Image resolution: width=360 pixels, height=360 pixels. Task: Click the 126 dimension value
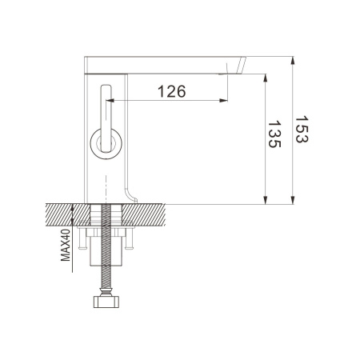pos(171,91)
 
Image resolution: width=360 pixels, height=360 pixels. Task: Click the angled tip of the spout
pos(240,67)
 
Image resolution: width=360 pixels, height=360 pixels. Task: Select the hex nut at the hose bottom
pos(106,302)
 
